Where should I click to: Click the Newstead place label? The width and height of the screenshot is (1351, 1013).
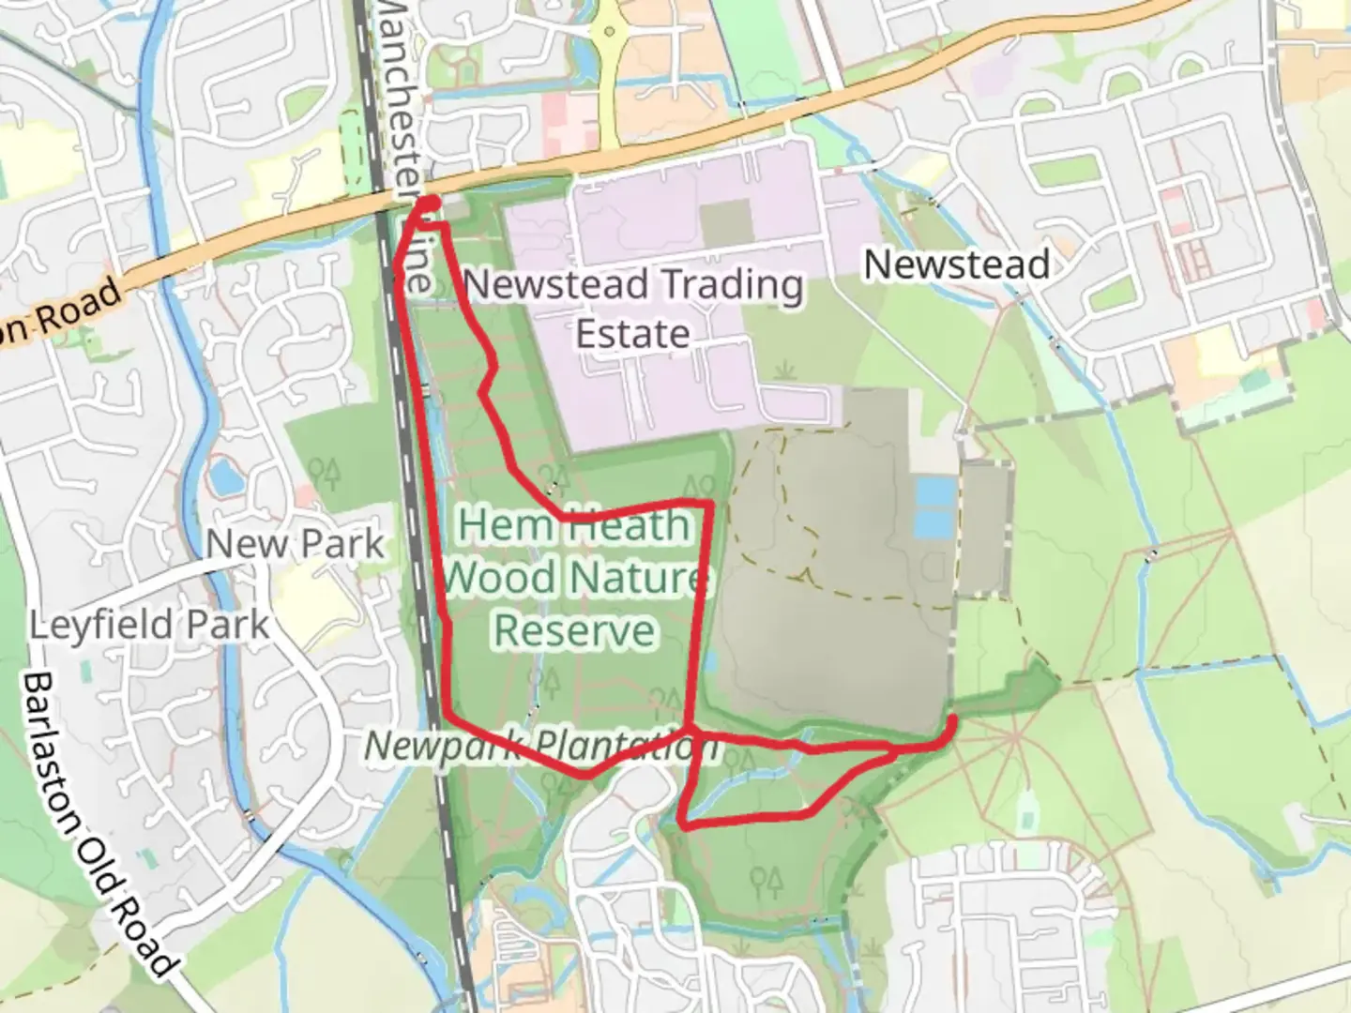(x=956, y=265)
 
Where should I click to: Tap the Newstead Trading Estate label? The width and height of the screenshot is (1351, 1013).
(x=633, y=309)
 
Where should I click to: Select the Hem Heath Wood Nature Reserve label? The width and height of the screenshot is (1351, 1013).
(x=573, y=577)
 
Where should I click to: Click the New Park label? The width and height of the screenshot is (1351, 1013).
(x=295, y=544)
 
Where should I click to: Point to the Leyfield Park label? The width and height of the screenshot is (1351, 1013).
(x=149, y=625)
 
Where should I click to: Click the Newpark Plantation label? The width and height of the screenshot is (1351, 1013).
(x=541, y=746)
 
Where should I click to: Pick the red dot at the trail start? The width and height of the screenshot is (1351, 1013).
(x=428, y=204)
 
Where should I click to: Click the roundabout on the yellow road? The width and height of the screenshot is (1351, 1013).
(x=611, y=34)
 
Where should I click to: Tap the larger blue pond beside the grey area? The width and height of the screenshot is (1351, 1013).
(x=934, y=506)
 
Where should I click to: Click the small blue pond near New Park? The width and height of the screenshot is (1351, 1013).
(x=226, y=477)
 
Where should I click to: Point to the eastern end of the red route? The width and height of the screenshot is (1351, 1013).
(x=952, y=720)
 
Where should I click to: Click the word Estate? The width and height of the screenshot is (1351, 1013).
(x=633, y=334)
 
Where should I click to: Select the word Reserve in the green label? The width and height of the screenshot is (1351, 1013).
(x=574, y=630)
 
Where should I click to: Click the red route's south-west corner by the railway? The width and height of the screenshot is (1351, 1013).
(x=447, y=717)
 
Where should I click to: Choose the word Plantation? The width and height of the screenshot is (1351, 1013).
(x=627, y=747)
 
